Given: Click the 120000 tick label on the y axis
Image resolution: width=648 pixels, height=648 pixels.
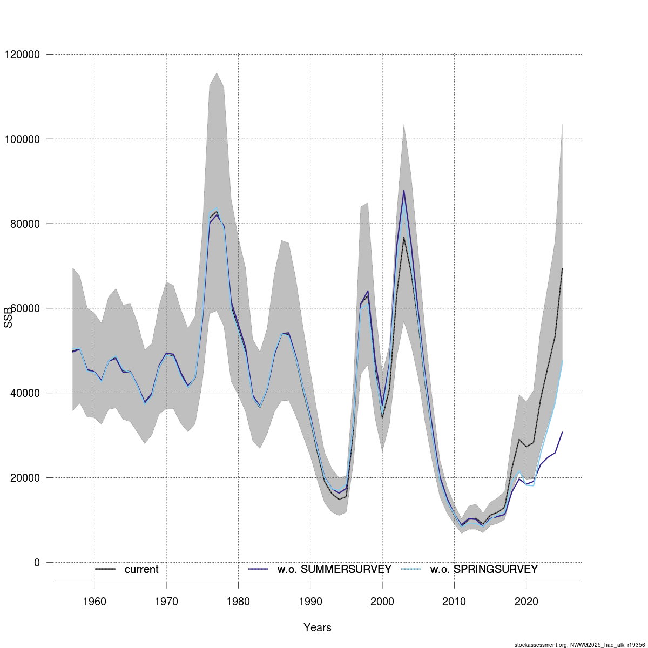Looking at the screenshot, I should [x=22, y=55].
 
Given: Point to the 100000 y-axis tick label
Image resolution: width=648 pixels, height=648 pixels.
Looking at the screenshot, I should [x=22, y=139].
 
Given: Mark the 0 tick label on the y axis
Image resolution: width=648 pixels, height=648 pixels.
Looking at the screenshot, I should [x=37, y=563].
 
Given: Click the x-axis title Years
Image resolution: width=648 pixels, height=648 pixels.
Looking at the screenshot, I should [x=318, y=627].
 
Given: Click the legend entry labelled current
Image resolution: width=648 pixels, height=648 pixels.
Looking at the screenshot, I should [x=141, y=570].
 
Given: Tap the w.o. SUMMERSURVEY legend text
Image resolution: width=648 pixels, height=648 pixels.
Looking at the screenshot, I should [x=334, y=570].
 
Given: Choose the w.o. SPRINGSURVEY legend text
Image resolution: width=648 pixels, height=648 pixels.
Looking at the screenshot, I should [x=484, y=570].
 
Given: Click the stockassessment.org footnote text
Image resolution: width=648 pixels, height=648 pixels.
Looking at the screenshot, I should [x=580, y=644].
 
